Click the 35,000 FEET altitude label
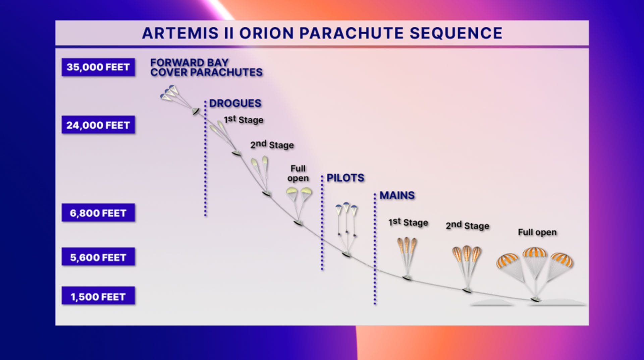pyautogui.click(x=98, y=67)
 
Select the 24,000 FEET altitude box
pyautogui.click(x=98, y=125)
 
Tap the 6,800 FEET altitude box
pyautogui.click(x=98, y=213)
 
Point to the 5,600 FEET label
pyautogui.click(x=98, y=257)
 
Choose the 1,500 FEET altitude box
pyautogui.click(x=98, y=297)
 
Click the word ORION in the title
pyautogui.click(x=266, y=33)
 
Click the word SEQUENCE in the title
pyautogui.click(x=456, y=33)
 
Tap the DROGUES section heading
pyautogui.click(x=235, y=103)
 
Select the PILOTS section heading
pyautogui.click(x=345, y=178)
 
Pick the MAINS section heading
pyautogui.click(x=397, y=195)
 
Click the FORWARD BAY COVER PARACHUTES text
pyautogui.click(x=206, y=67)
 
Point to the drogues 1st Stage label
pyautogui.click(x=244, y=119)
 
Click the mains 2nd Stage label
pyautogui.click(x=467, y=225)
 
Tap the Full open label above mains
pyautogui.click(x=537, y=232)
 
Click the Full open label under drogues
pyautogui.click(x=298, y=173)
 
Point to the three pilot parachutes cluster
pyautogui.click(x=346, y=209)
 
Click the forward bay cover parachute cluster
pyautogui.click(x=169, y=93)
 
